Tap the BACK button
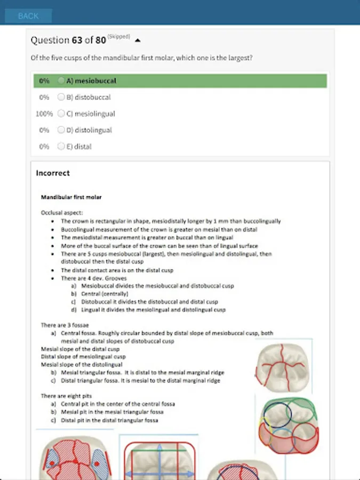pyautogui.click(x=28, y=16)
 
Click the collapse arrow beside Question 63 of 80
pyautogui.click(x=138, y=40)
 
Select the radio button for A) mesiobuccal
pyautogui.click(x=61, y=81)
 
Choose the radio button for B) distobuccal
pyautogui.click(x=61, y=98)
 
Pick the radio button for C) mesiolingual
pyautogui.click(x=61, y=114)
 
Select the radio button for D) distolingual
pyautogui.click(x=61, y=130)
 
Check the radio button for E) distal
pyautogui.click(x=61, y=146)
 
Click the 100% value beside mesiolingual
pyautogui.click(x=44, y=114)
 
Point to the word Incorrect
pyautogui.click(x=53, y=173)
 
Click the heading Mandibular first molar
pyautogui.click(x=71, y=197)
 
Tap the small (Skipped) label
pyautogui.click(x=118, y=36)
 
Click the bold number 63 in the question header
pyautogui.click(x=77, y=40)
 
